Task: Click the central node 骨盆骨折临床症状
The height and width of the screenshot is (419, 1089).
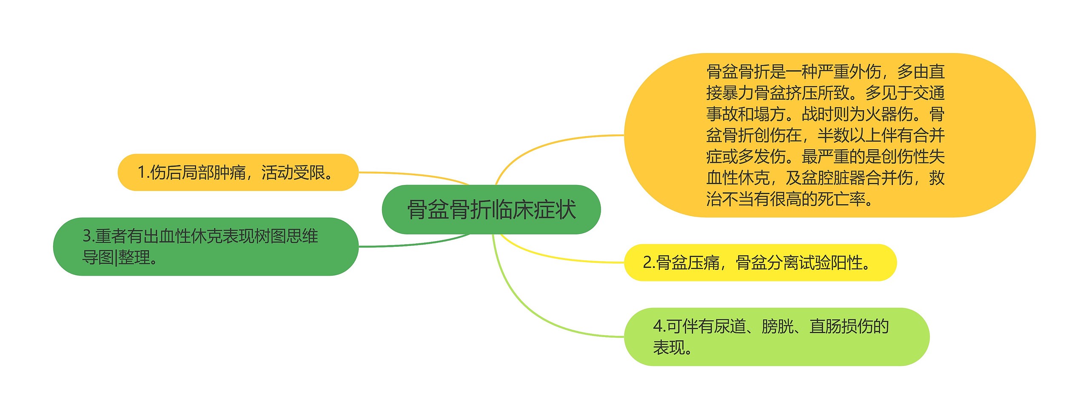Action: (x=491, y=209)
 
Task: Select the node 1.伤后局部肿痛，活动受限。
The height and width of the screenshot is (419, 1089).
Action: (x=238, y=172)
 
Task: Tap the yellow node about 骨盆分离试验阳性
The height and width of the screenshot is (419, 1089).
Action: (x=760, y=262)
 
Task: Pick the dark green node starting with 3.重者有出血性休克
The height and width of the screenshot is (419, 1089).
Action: (x=205, y=246)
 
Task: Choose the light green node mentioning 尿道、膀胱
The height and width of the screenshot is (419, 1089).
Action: (x=776, y=336)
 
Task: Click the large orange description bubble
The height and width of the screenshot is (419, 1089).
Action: (x=829, y=135)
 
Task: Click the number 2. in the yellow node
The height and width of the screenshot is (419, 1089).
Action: (x=648, y=262)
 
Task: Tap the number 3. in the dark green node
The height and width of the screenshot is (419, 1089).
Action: (x=88, y=236)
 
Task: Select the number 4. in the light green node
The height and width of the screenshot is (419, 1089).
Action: (x=659, y=326)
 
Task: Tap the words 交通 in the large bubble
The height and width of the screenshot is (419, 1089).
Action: (x=929, y=93)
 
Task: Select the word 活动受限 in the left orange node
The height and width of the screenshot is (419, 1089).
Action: (x=293, y=173)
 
